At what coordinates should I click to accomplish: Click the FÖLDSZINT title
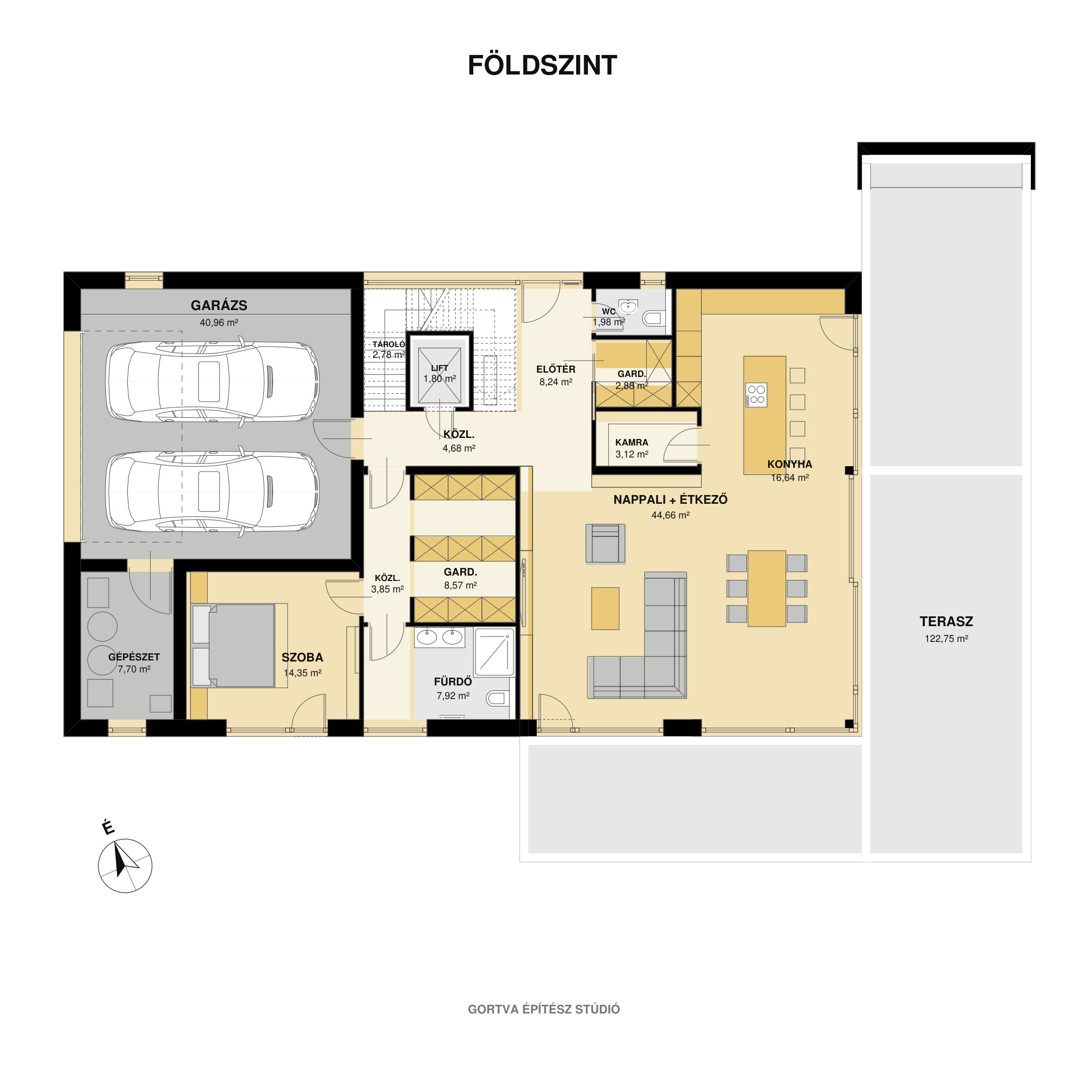[542, 65]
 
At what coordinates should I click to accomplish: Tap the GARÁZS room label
[219, 305]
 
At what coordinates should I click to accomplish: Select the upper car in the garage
[212, 381]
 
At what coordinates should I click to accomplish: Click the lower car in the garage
[212, 491]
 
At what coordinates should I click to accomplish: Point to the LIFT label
[439, 368]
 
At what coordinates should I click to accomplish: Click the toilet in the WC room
[653, 318]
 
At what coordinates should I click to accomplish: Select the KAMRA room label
[631, 443]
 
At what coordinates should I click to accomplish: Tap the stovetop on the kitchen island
[756, 395]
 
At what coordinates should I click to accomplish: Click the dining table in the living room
[766, 589]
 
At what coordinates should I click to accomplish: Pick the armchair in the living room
[605, 543]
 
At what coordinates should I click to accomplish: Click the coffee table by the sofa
[605, 608]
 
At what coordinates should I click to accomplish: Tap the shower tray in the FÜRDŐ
[494, 652]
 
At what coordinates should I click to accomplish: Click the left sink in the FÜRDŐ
[427, 638]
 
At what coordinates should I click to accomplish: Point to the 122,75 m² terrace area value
[946, 639]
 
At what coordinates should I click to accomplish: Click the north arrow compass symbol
[125, 866]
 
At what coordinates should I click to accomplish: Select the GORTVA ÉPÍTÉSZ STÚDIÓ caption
[543, 1009]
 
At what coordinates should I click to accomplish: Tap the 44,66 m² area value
[670, 515]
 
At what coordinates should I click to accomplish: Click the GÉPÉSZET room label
[134, 657]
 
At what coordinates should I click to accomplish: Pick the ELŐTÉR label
[556, 369]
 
